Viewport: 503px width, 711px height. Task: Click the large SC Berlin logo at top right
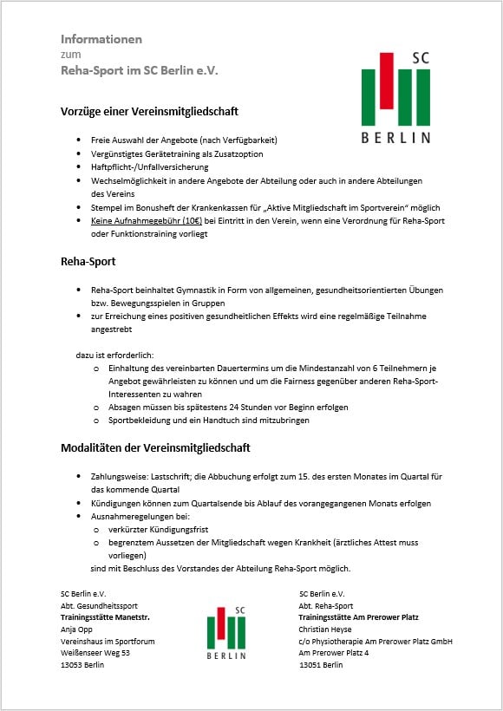pyautogui.click(x=395, y=97)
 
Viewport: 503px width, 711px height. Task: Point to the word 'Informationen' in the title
pyautogui.click(x=101, y=39)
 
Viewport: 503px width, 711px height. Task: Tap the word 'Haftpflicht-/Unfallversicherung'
pyautogui.click(x=138, y=166)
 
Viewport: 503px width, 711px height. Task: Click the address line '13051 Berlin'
pyautogui.click(x=322, y=665)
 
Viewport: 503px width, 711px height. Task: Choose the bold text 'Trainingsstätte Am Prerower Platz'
pyautogui.click(x=358, y=617)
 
